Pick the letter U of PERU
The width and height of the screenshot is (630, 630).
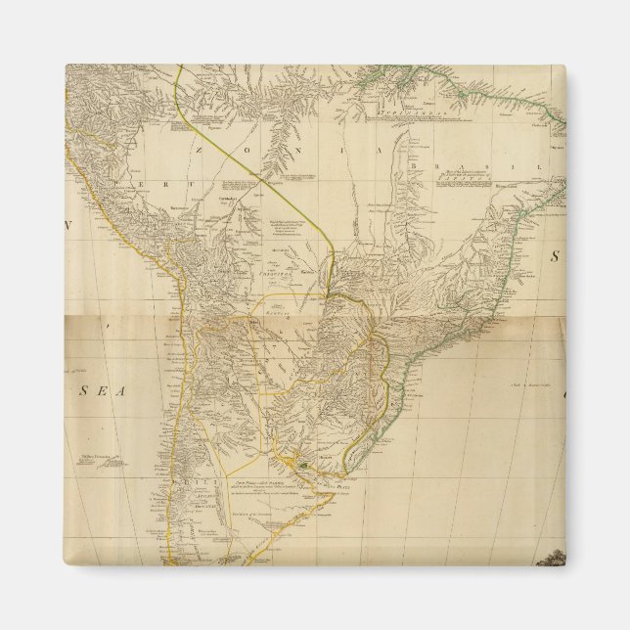(155, 184)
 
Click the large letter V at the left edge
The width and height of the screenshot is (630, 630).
(69, 227)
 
